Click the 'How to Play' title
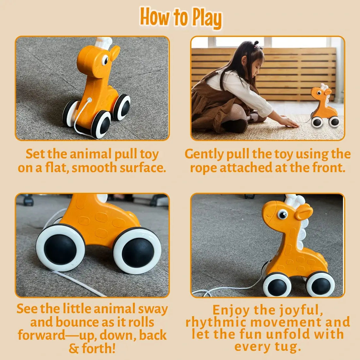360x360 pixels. (x=181, y=18)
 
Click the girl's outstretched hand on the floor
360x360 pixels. (x=290, y=122)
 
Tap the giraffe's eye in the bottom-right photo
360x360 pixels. (x=282, y=214)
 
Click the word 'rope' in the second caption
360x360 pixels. (x=204, y=168)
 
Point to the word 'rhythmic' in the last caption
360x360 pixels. (x=215, y=322)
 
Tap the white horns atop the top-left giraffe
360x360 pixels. (x=104, y=42)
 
